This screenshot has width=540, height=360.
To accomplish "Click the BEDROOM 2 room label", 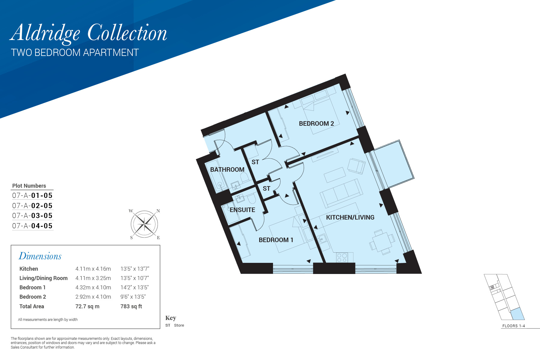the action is pyautogui.click(x=316, y=124).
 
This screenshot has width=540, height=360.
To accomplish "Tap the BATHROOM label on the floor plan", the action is pyautogui.click(x=227, y=170).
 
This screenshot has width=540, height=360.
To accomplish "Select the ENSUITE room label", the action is pyautogui.click(x=242, y=210).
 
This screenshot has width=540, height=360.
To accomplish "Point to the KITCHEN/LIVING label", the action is pyautogui.click(x=350, y=217).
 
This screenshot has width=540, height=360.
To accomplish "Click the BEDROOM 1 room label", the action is pyautogui.click(x=276, y=240).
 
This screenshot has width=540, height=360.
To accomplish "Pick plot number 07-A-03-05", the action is pyautogui.click(x=32, y=216).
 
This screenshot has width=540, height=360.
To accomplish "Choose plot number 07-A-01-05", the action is pyautogui.click(x=32, y=195).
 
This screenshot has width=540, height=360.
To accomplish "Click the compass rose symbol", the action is pyautogui.click(x=145, y=224).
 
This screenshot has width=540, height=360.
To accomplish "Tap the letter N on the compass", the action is pyautogui.click(x=158, y=211).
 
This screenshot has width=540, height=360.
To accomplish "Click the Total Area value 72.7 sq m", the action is pyautogui.click(x=87, y=306).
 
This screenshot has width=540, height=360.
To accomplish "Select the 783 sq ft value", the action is pyautogui.click(x=131, y=306).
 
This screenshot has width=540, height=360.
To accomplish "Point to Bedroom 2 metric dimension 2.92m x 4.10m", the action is pyautogui.click(x=93, y=297).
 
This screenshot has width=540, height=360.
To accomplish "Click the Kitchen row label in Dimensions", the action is pyautogui.click(x=29, y=269).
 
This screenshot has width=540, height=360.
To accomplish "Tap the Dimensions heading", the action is pyautogui.click(x=40, y=256).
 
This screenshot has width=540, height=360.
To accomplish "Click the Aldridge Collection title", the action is pyautogui.click(x=88, y=33).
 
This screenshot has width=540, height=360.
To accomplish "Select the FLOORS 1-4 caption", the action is pyautogui.click(x=514, y=326).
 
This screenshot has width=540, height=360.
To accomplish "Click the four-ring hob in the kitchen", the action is pyautogui.click(x=342, y=257).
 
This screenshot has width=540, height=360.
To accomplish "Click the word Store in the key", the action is pyautogui.click(x=179, y=325).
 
